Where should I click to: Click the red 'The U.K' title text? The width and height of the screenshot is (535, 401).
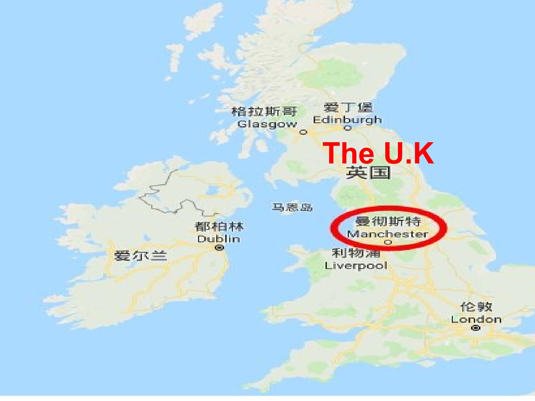coord(378,153)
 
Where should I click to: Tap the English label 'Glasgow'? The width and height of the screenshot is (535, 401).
coord(267,124)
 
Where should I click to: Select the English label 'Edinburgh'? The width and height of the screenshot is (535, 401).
coord(347,120)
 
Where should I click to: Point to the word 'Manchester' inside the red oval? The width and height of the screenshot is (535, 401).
coord(387,234)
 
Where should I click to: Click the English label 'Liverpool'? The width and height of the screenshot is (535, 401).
coord(356,265)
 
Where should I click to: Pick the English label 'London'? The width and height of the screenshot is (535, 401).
coord(476,319)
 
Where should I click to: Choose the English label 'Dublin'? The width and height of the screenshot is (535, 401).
coord(218,239)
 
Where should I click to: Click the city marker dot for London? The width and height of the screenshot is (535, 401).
coord(476,328)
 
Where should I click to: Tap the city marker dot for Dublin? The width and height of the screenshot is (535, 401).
coord(220,247)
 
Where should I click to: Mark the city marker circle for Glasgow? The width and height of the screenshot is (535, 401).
coord(304,132)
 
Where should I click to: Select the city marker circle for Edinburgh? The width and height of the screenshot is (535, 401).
coord(348,128)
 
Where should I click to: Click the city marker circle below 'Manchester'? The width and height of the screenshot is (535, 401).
coord(388,242)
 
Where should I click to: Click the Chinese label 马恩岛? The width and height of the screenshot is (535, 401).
coord(292,207)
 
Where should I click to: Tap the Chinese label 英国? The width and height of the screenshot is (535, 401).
coord(368,173)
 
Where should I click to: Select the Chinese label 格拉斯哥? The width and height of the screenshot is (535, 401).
coord(264,111)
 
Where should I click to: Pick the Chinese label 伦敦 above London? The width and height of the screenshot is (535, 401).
coord(476,307)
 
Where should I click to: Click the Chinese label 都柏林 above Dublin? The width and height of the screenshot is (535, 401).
coord(219,226)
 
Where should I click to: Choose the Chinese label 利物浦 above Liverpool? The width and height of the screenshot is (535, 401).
coord(356,253)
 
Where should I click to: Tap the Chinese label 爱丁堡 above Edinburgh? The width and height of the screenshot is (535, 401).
coord(348,108)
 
